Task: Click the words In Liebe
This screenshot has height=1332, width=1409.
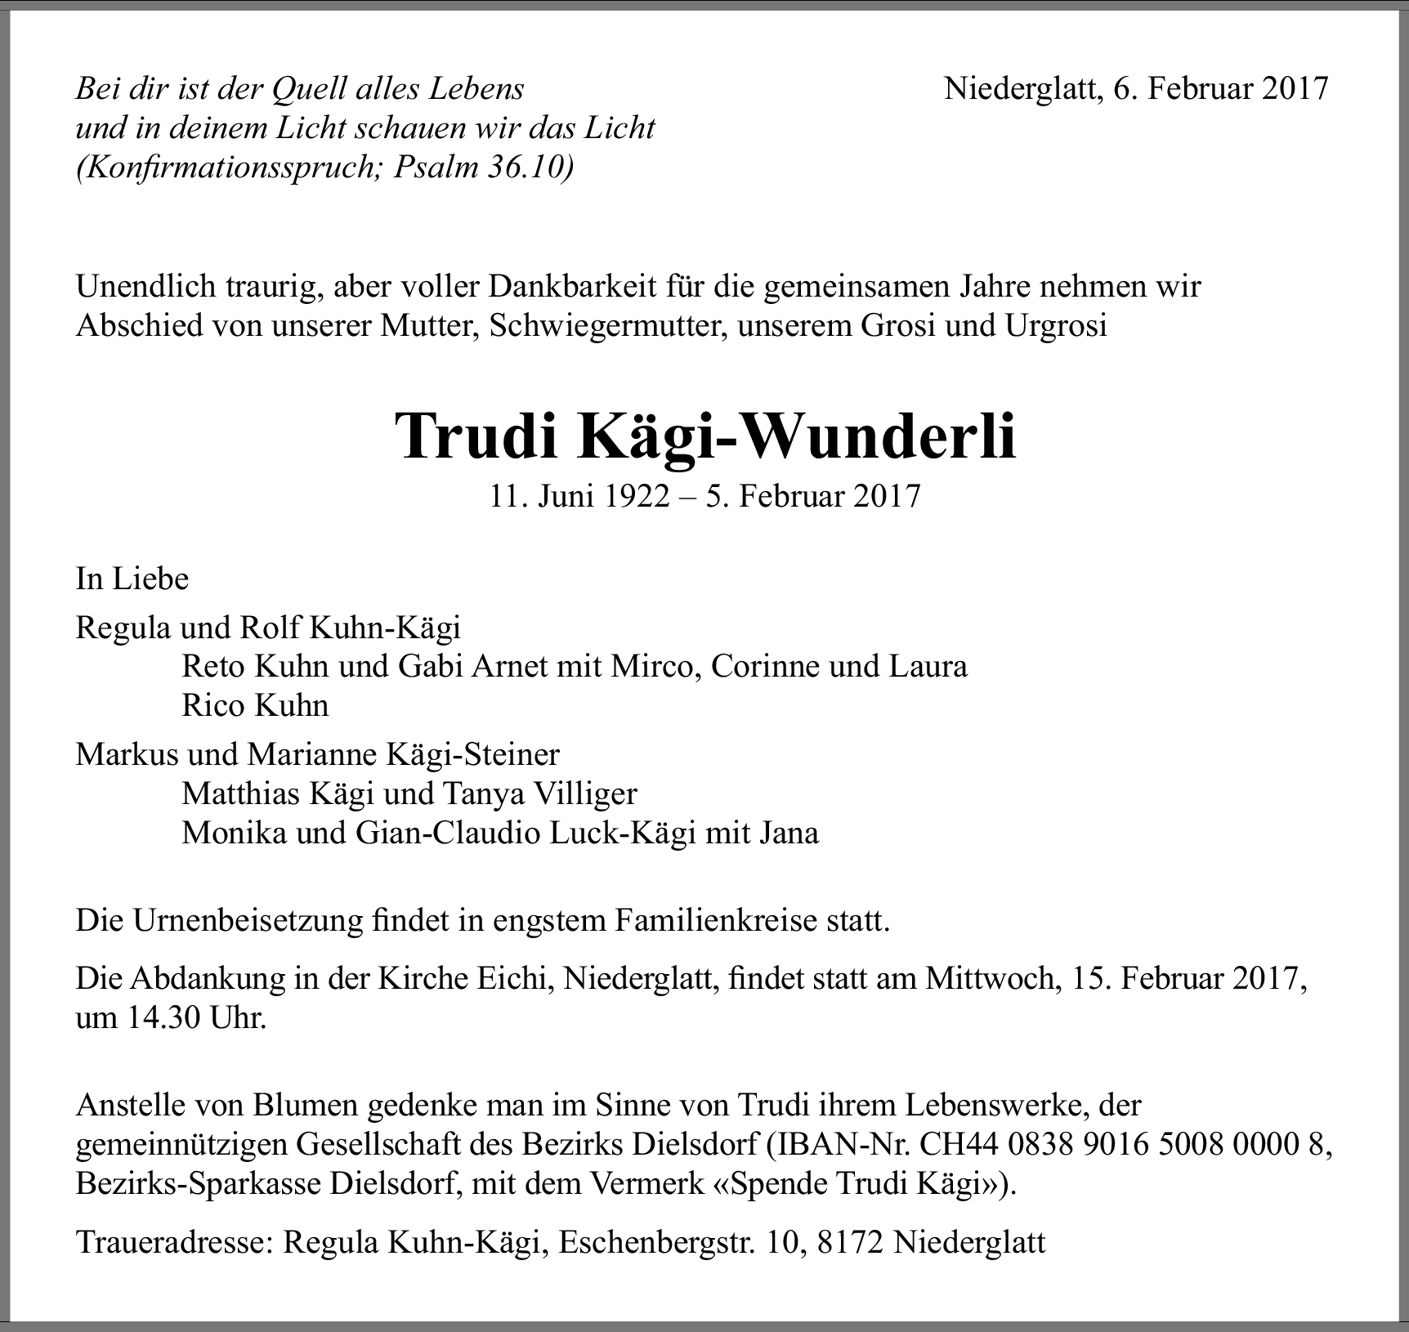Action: click(x=132, y=579)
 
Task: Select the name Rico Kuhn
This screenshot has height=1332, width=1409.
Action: click(x=255, y=705)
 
